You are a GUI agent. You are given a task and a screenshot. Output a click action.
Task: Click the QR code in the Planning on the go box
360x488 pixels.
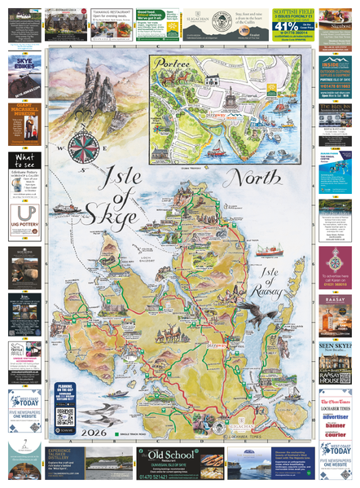pyautogui.click(x=66, y=415)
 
